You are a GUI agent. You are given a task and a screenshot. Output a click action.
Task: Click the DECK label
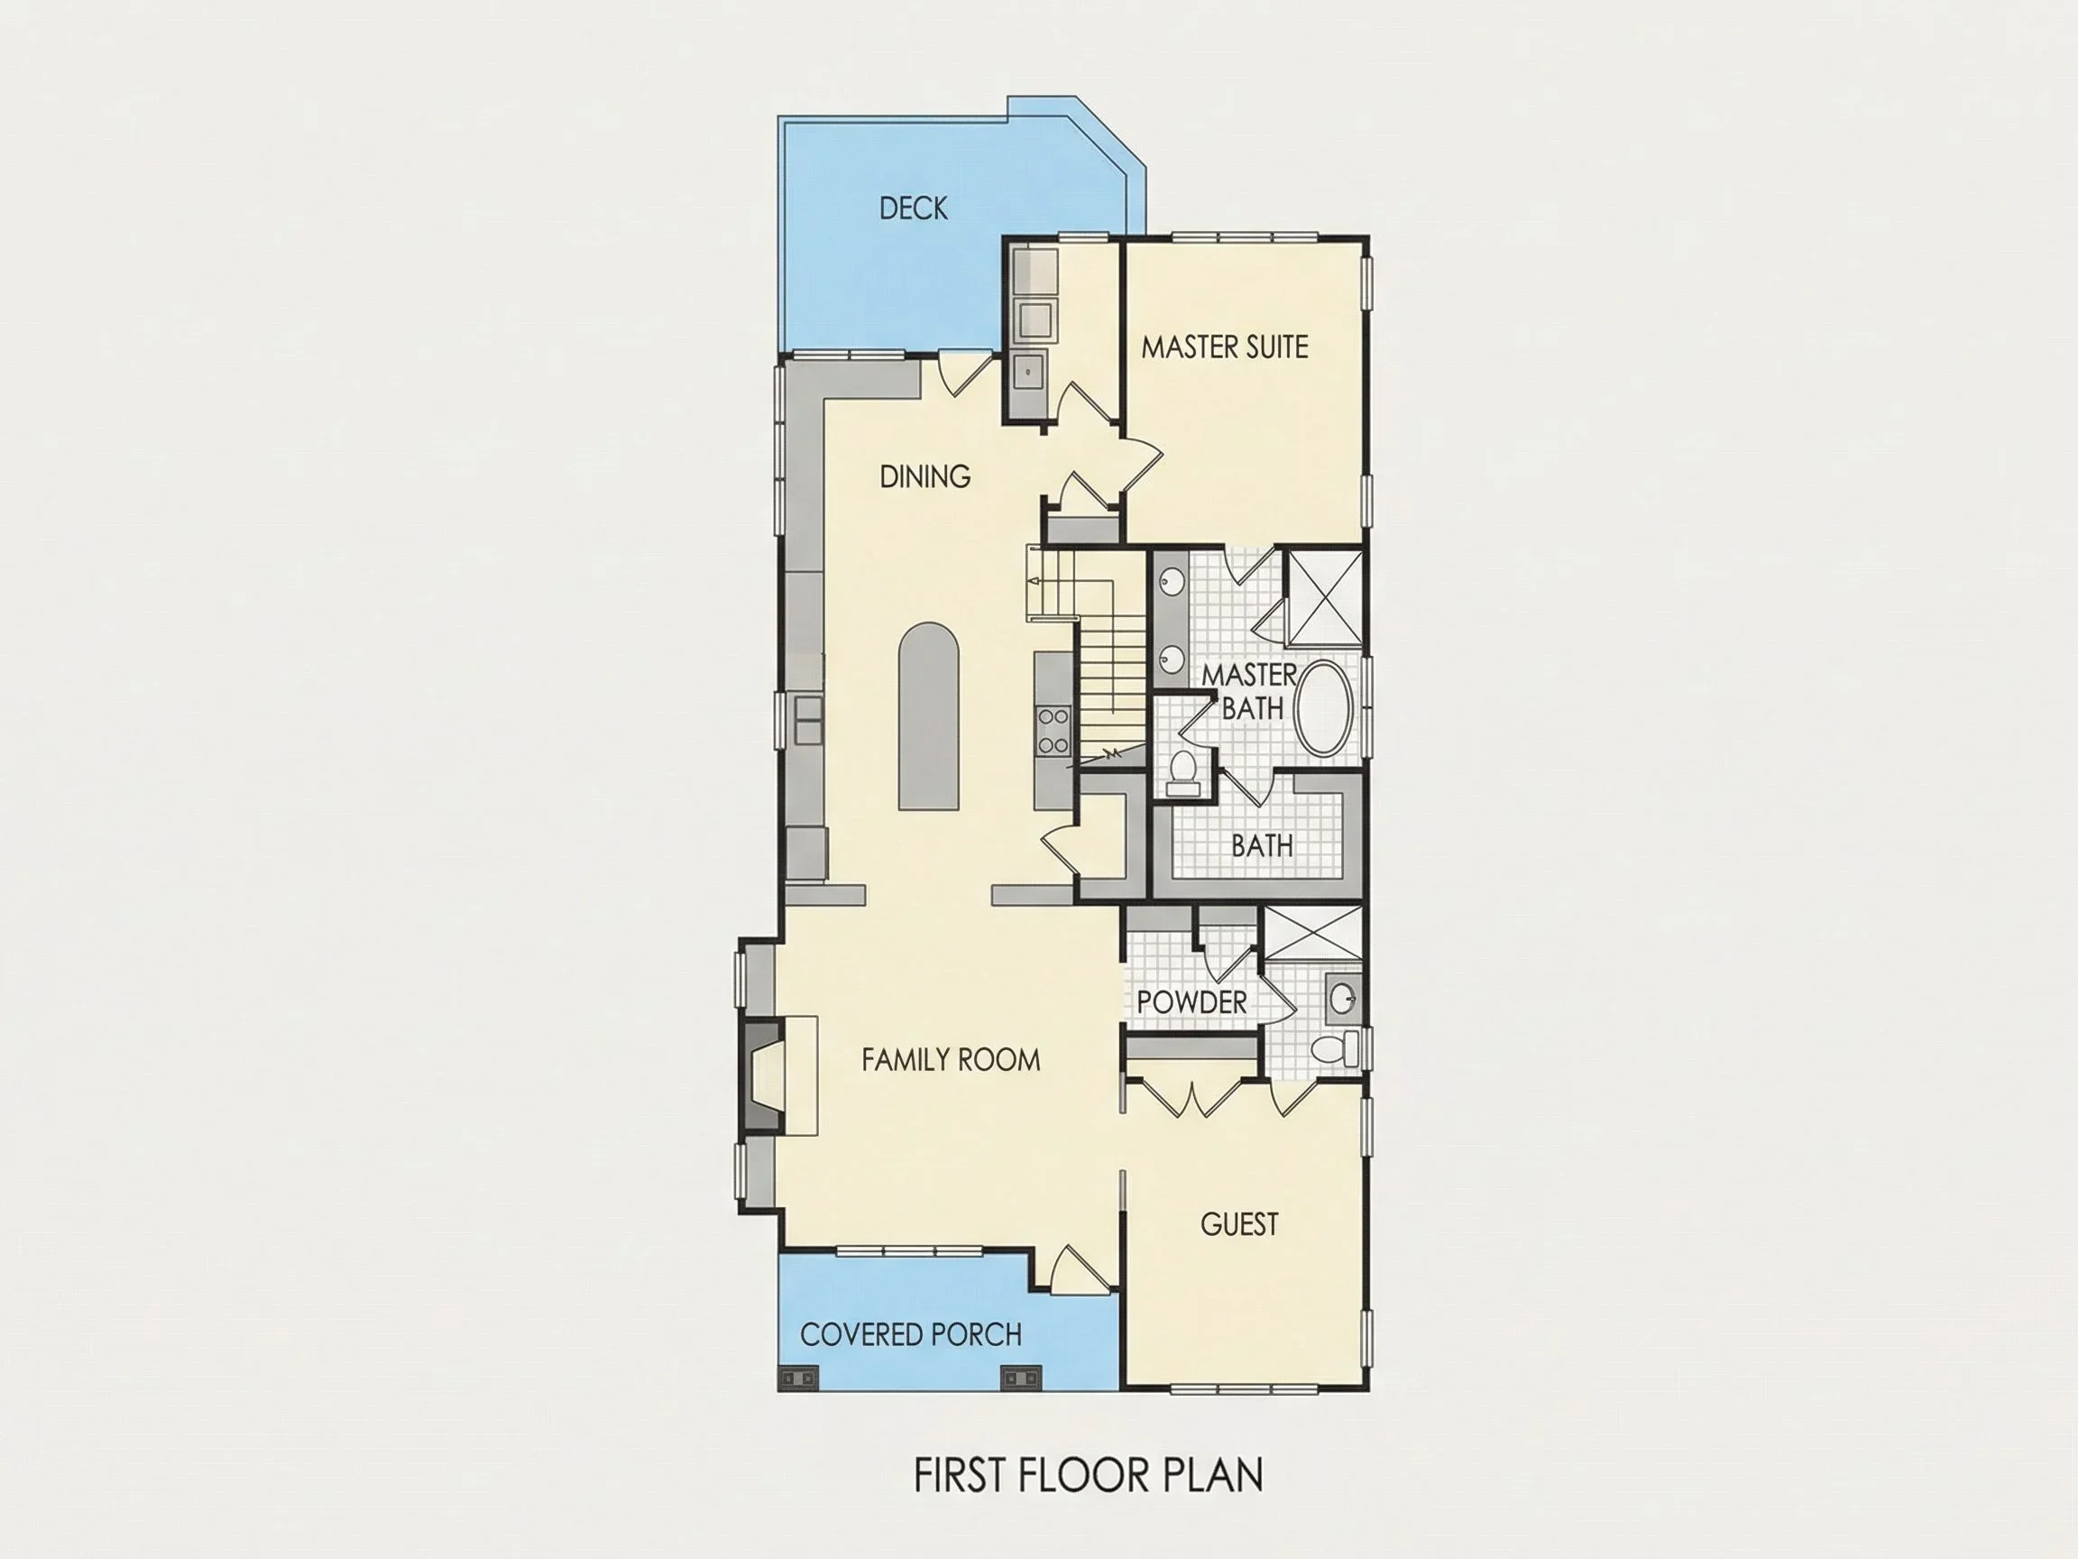click(913, 208)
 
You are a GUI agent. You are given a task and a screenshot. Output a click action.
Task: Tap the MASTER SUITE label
click(1224, 347)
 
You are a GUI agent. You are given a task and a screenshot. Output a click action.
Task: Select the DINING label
click(924, 476)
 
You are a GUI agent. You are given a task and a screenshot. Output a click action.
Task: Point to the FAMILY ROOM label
click(951, 1060)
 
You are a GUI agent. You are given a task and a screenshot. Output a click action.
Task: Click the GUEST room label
click(1239, 1224)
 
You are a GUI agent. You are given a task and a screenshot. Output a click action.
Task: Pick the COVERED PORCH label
click(910, 1334)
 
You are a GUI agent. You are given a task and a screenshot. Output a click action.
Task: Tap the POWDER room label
click(1191, 1001)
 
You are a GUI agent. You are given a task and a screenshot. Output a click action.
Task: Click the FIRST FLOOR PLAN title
click(1088, 1475)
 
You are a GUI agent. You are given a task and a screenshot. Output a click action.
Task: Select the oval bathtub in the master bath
click(1325, 707)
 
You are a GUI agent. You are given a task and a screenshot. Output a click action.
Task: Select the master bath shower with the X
click(1324, 597)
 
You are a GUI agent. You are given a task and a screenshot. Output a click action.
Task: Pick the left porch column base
click(799, 1379)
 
